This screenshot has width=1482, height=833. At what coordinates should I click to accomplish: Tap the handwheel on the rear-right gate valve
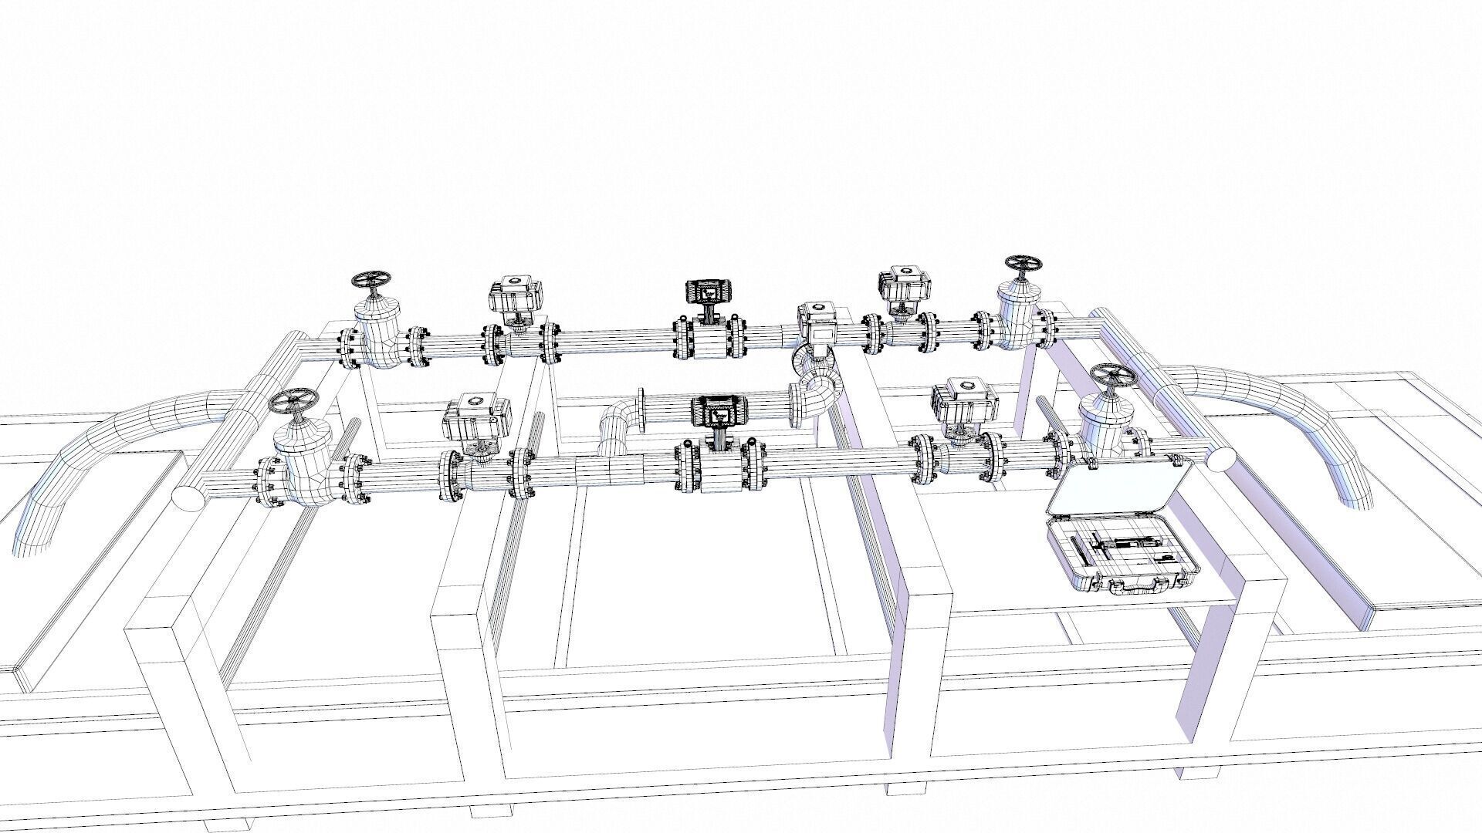tap(1023, 265)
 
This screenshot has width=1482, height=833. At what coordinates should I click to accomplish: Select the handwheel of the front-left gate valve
tap(293, 402)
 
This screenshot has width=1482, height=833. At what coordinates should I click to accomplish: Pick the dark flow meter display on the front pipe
tap(714, 411)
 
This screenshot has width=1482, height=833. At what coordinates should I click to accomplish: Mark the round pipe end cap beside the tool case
tap(1220, 460)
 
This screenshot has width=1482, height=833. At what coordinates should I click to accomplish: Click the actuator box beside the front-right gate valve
tap(963, 402)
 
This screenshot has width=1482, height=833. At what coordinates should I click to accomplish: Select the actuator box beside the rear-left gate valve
tap(516, 296)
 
